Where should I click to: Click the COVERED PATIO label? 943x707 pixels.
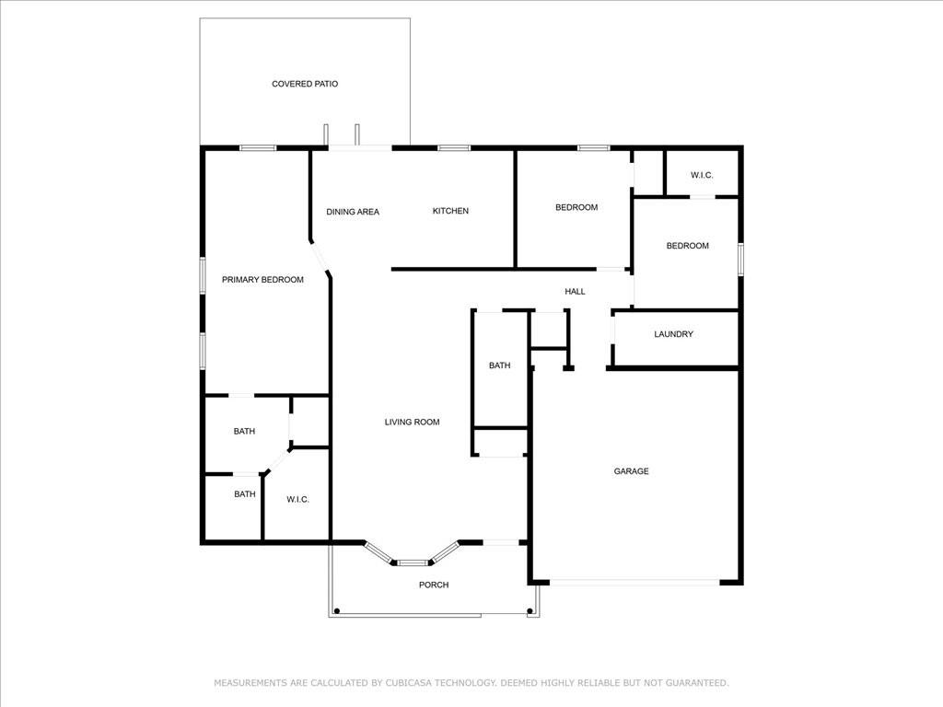305,84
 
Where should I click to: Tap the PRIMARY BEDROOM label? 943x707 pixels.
262,280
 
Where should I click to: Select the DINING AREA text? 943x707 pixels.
353,212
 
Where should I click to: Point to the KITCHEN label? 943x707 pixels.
450,211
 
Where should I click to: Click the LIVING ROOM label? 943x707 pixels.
412,423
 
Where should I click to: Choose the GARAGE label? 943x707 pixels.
632,471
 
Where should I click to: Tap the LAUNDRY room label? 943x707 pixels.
673,334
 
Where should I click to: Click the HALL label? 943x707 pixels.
575,292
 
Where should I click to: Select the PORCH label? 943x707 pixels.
434,585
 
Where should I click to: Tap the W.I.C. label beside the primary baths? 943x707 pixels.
297,499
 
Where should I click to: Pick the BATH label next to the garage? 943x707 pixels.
499,365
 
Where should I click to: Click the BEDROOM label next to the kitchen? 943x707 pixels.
576,207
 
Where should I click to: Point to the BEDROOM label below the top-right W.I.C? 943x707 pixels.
687,246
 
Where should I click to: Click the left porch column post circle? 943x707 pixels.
337,610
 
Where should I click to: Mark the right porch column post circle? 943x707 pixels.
530,610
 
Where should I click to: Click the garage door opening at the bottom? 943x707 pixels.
634,582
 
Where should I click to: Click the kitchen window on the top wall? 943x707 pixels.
453,147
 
